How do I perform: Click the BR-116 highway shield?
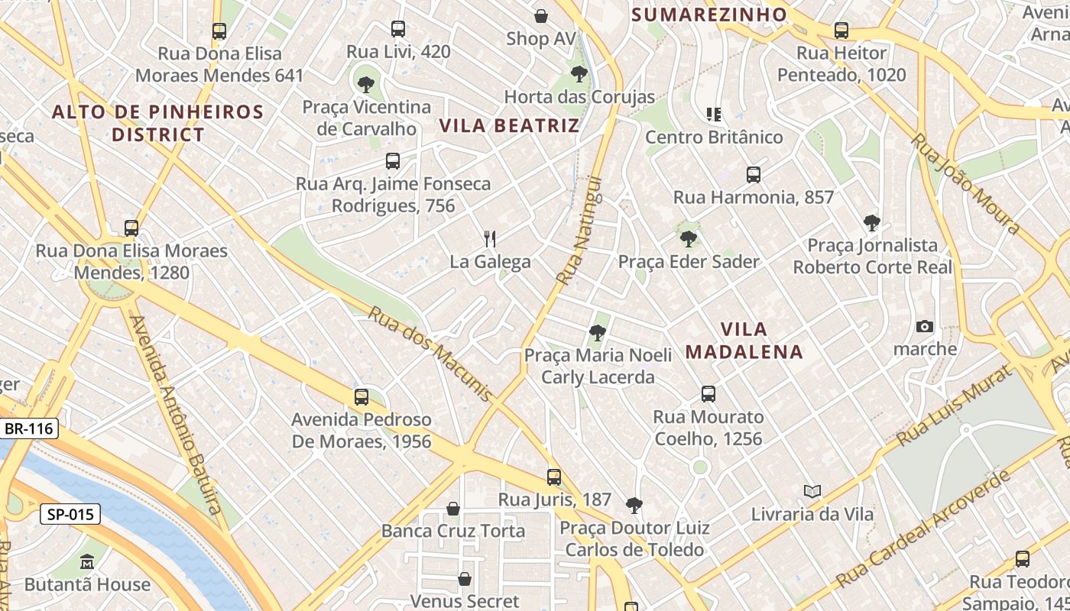tap(29, 428)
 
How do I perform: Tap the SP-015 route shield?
tap(70, 515)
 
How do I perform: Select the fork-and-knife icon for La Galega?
tap(490, 239)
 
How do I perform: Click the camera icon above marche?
tap(925, 327)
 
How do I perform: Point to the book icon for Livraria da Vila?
tap(812, 491)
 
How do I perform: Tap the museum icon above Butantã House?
tap(87, 562)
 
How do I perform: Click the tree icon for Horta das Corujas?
tap(579, 74)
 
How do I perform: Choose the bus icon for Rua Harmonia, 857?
tap(754, 175)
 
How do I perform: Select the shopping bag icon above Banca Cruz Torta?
tap(453, 508)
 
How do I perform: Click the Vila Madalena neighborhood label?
tap(744, 341)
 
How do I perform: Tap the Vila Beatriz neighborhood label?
tap(509, 126)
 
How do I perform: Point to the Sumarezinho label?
tap(709, 15)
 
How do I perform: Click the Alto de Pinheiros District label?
tap(157, 123)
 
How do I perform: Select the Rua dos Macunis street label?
tap(430, 354)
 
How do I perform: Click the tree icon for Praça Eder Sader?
tap(689, 239)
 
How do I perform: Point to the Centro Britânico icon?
tap(714, 115)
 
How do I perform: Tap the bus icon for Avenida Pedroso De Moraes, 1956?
tap(362, 397)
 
